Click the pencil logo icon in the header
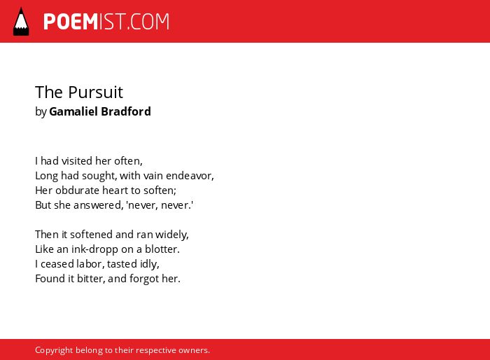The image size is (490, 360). coord(21,22)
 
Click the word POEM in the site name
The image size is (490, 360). coord(71,22)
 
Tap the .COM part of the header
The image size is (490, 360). coord(148,22)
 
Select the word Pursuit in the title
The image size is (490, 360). coord(96,92)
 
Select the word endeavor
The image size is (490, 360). coord(190,176)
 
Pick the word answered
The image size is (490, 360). coord(99,205)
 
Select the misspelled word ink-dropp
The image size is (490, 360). coord(94,249)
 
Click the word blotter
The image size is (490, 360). coord(162,249)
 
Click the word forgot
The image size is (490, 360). coord(139,279)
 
